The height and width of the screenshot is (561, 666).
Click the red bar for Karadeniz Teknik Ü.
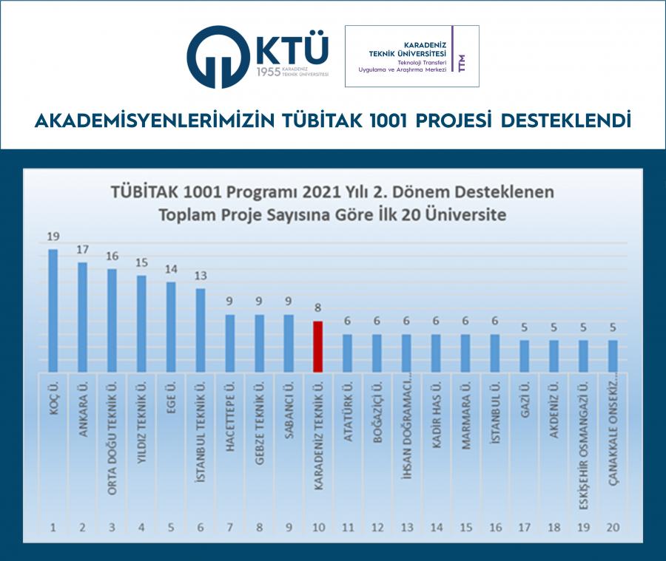[317, 347]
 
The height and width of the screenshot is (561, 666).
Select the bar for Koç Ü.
[53, 310]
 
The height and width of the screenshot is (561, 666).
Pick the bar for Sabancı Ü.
[288, 344]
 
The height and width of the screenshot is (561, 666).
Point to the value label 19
[53, 237]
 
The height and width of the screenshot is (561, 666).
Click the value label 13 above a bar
[200, 276]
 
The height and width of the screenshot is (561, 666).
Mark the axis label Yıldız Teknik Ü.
[141, 421]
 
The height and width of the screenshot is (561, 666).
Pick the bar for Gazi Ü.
[524, 356]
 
